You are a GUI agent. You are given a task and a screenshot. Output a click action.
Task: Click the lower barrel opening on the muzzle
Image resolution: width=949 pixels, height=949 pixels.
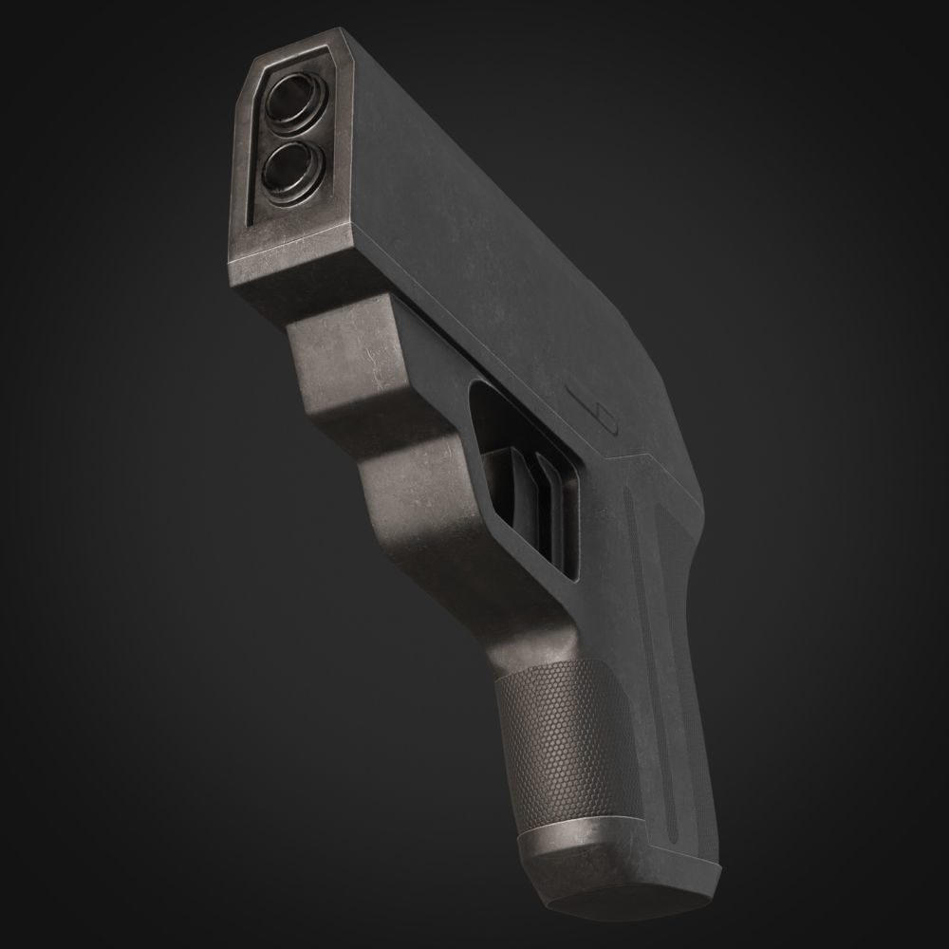point(286,169)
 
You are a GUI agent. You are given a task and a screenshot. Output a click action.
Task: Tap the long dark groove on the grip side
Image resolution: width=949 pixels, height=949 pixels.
point(655,664)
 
